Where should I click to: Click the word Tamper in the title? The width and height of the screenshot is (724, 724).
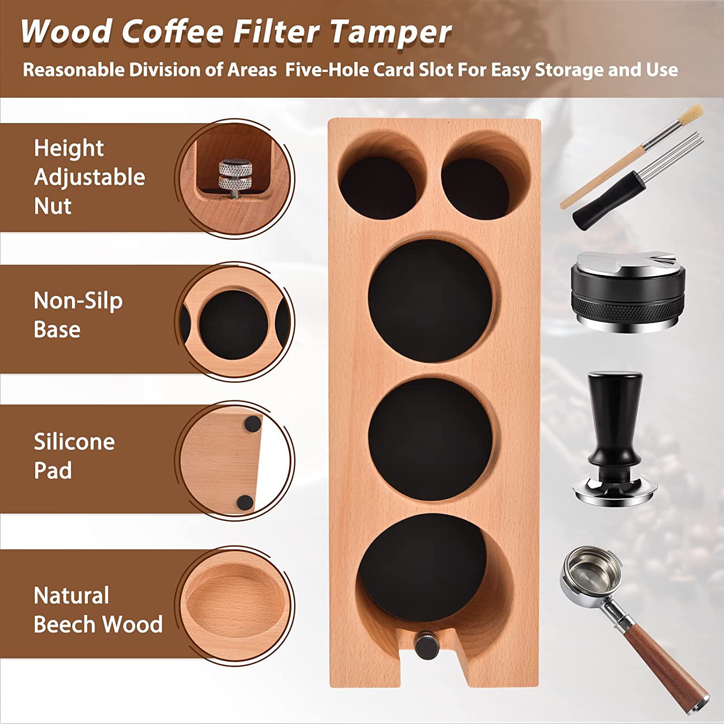click(x=391, y=32)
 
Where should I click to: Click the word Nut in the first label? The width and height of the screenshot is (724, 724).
click(x=53, y=206)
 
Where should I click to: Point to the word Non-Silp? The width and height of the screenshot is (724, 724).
click(x=78, y=301)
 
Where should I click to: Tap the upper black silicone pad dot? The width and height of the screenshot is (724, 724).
click(x=252, y=424)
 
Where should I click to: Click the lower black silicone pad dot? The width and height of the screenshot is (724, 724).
click(x=246, y=502)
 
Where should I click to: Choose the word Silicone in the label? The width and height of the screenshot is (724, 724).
click(x=74, y=442)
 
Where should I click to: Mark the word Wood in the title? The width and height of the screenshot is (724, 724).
click(x=67, y=32)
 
